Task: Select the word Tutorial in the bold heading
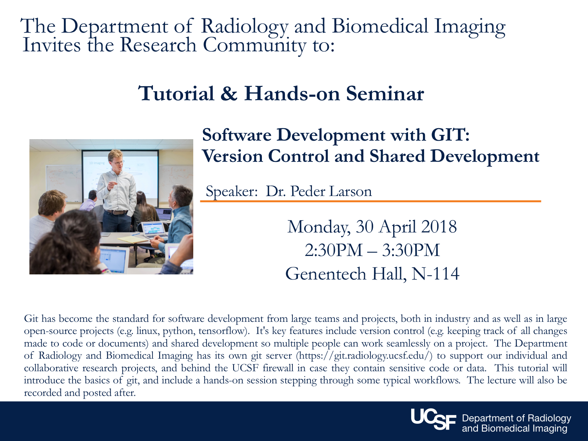pos(176,93)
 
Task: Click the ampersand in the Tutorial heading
pos(229,93)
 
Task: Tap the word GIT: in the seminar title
pos(450,135)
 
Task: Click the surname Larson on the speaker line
pos(350,191)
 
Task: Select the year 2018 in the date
pos(439,227)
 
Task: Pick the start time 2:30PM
pos(334,250)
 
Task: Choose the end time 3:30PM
pos(411,250)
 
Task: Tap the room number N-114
pos(435,274)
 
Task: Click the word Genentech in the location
pos(326,274)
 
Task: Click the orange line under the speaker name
pos(370,201)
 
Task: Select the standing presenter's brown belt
pos(116,212)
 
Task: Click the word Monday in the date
pos(319,227)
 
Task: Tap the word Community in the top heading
pos(254,45)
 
